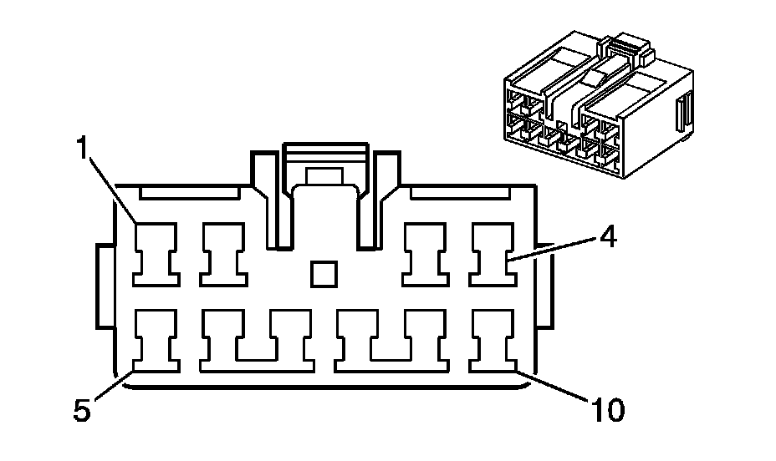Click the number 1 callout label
pyautogui.click(x=82, y=149)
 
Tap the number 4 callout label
pyautogui.click(x=608, y=237)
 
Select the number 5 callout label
pyautogui.click(x=80, y=410)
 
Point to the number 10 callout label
pyautogui.click(x=607, y=410)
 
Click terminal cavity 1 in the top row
pyautogui.click(x=156, y=253)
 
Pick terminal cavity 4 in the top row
pyautogui.click(x=493, y=253)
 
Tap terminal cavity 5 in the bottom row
pyautogui.click(x=156, y=341)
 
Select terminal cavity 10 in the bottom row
pyautogui.click(x=493, y=341)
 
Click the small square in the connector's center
pyautogui.click(x=323, y=274)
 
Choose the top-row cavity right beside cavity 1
pyautogui.click(x=222, y=253)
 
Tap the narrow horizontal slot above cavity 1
pyautogui.click(x=189, y=192)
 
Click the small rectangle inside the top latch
pyautogui.click(x=324, y=175)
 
